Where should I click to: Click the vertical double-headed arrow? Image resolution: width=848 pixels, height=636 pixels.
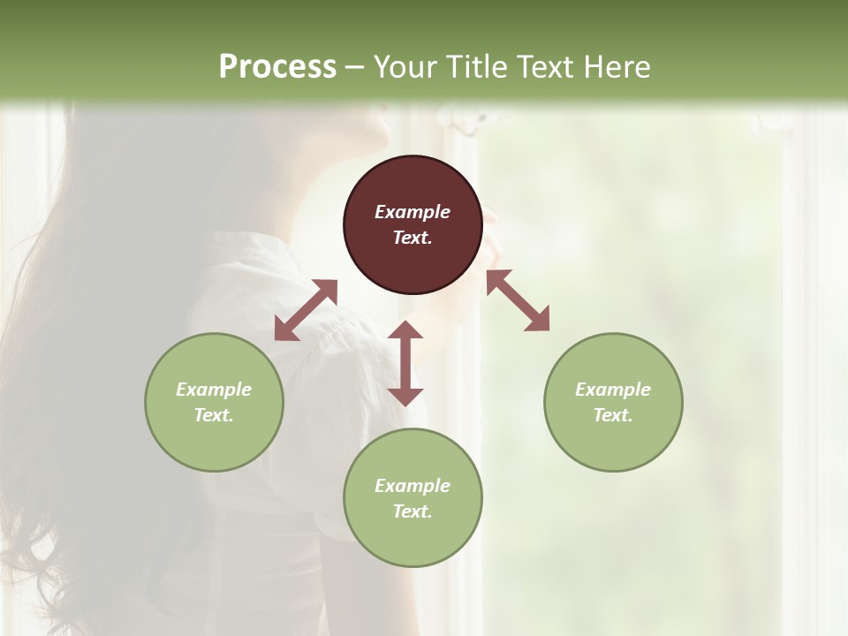pyautogui.click(x=405, y=363)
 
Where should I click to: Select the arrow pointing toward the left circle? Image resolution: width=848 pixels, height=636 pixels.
pyautogui.click(x=306, y=310)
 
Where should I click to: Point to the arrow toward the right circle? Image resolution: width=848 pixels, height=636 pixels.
pyautogui.click(x=518, y=300)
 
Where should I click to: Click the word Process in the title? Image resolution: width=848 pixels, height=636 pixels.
pyautogui.click(x=277, y=66)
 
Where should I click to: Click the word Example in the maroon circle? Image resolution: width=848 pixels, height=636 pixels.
pyautogui.click(x=413, y=212)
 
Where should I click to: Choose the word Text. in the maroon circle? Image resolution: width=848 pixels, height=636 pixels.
pyautogui.click(x=413, y=238)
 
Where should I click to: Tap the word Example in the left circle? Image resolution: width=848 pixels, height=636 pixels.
pyautogui.click(x=214, y=390)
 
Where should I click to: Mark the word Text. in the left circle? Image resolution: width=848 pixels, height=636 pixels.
pyautogui.click(x=214, y=415)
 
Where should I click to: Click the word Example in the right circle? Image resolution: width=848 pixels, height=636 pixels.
pyautogui.click(x=613, y=390)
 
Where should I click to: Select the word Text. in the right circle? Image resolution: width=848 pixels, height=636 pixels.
pyautogui.click(x=613, y=415)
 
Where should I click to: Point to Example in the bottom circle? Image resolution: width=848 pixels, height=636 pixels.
pyautogui.click(x=413, y=486)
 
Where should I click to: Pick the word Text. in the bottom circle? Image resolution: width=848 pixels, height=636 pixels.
pyautogui.click(x=413, y=511)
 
